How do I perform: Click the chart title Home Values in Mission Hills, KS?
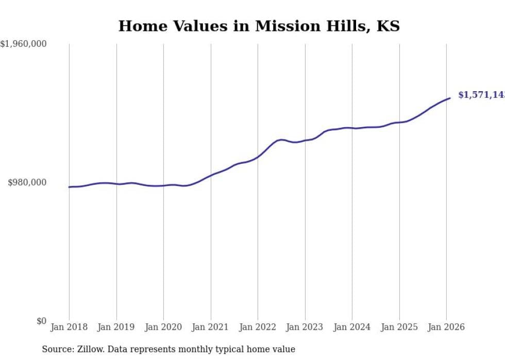[x=259, y=26]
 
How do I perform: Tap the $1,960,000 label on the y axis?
[x=24, y=44]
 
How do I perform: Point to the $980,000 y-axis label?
[x=27, y=182]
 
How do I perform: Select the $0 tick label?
[x=41, y=321]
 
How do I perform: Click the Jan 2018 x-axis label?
[x=69, y=327]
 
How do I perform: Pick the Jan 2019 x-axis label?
[x=116, y=327]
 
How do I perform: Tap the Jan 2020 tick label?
[x=163, y=327]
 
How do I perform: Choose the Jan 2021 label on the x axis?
[x=211, y=327]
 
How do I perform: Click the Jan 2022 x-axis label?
[x=258, y=327]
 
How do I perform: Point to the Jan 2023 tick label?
[x=305, y=327]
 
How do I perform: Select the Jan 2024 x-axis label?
[x=352, y=327]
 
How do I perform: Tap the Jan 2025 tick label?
[x=399, y=327]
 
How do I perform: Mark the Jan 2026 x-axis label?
[x=446, y=327]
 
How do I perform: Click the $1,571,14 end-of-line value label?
[x=481, y=95]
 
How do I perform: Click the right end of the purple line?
[x=450, y=98]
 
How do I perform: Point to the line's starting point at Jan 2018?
[x=69, y=187]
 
